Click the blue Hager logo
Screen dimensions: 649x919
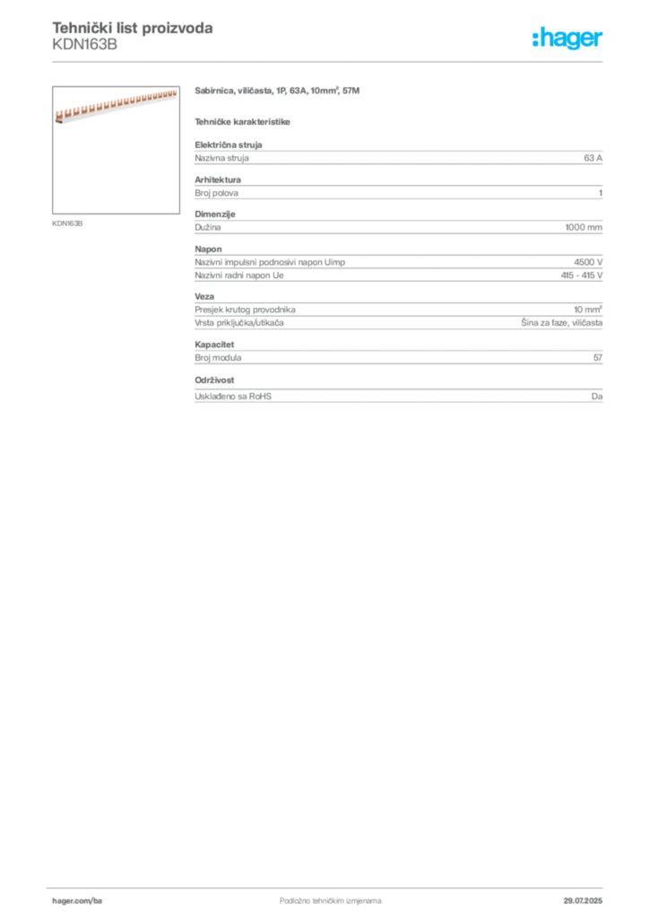click(568, 39)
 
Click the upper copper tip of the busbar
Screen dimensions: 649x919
click(174, 92)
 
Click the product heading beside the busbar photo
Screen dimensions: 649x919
click(279, 92)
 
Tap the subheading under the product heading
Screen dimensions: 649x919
click(244, 120)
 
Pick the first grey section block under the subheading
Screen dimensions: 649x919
click(397, 156)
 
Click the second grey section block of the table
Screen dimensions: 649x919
click(397, 188)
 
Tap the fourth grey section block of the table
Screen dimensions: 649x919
click(397, 267)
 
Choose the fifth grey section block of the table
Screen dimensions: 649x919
click(397, 318)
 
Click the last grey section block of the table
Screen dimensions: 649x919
click(397, 395)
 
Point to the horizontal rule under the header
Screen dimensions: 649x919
click(330, 61)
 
